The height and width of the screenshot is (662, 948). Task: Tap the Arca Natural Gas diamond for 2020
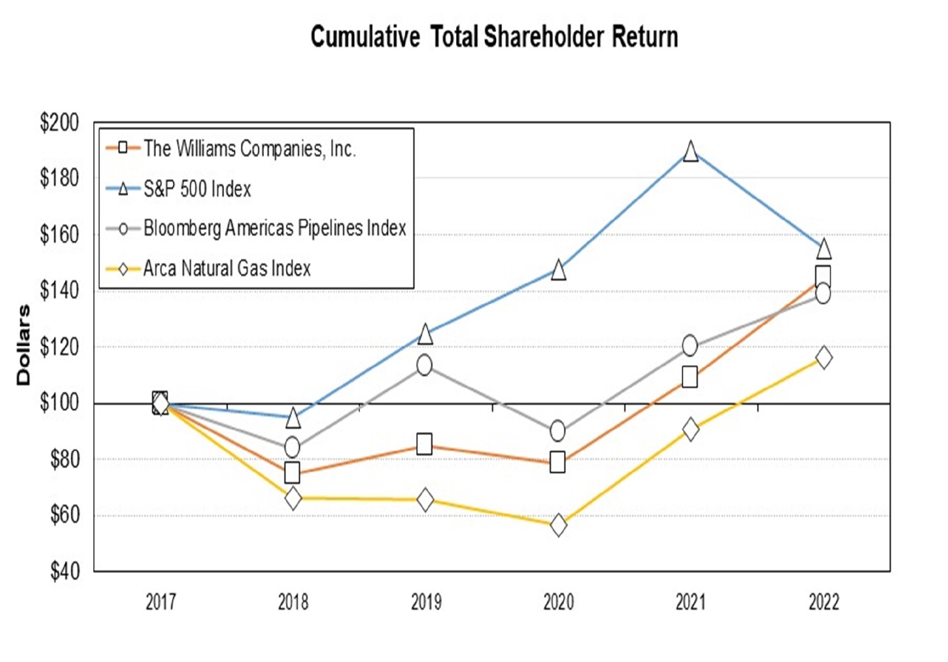pos(558,525)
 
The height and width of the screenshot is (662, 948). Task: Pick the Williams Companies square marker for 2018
pos(292,473)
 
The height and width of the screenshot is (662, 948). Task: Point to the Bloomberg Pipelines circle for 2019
pos(424,365)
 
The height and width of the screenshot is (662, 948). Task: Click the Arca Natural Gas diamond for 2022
pos(823,357)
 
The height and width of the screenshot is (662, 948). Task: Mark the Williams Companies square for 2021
pos(690,377)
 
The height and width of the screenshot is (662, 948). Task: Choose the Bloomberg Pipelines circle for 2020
pos(558,431)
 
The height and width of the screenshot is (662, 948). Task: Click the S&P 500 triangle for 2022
pos(823,249)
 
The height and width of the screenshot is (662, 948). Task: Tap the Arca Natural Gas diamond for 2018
pos(293,499)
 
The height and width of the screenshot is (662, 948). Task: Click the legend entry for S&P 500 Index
pos(197,189)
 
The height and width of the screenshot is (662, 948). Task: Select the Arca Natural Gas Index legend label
pos(227,269)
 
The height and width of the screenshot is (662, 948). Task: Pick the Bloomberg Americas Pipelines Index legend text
pos(274,228)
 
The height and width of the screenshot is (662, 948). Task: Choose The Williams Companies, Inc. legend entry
pos(250,149)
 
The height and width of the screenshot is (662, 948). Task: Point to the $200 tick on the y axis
pos(59,123)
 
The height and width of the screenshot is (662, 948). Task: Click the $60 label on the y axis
pos(65,515)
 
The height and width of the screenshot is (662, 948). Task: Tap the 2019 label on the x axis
pos(426,602)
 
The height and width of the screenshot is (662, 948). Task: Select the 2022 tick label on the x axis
pos(824,602)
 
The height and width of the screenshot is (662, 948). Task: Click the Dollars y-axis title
pos(24,345)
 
